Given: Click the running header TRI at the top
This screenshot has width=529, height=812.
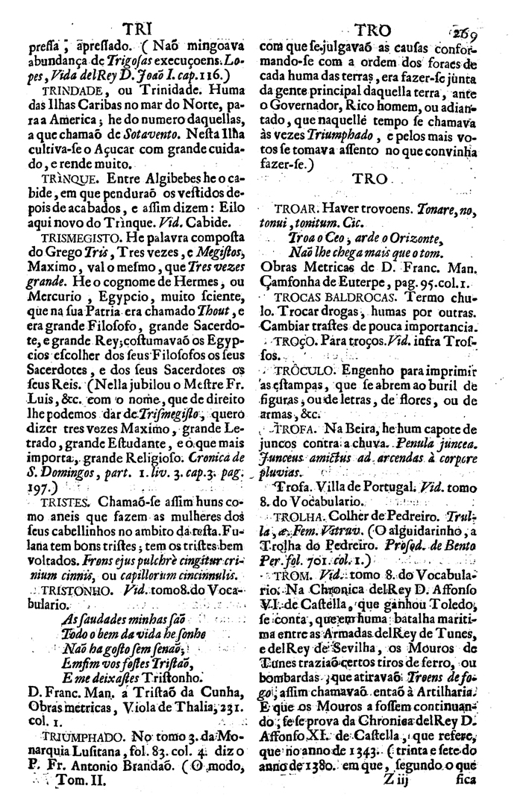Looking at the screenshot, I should (137, 27).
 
